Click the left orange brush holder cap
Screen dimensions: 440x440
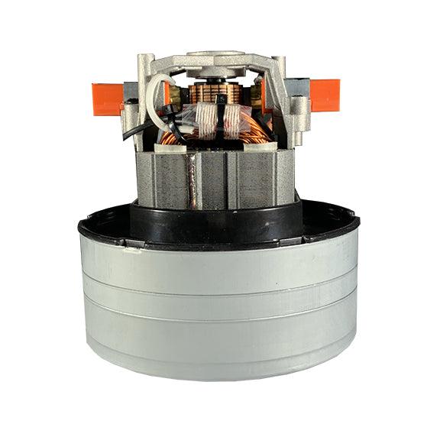point(108,99)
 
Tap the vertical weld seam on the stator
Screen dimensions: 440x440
point(196,180)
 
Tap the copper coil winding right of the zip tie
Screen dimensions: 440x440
point(248,130)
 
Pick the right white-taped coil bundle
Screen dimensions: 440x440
point(232,115)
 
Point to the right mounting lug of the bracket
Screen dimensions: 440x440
point(293,115)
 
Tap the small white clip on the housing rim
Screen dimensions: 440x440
point(131,245)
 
